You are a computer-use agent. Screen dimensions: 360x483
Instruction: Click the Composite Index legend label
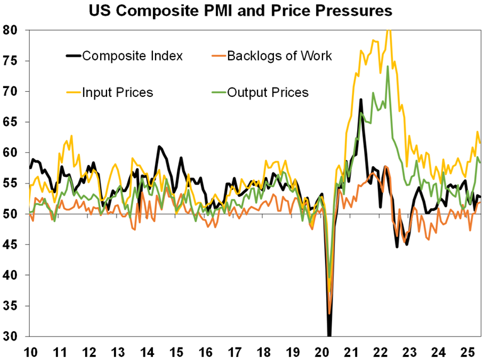pyautogui.click(x=132, y=55)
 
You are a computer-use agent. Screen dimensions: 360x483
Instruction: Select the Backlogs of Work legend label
pyautogui.click(x=280, y=55)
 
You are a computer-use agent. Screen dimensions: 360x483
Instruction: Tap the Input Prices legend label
pyautogui.click(x=118, y=93)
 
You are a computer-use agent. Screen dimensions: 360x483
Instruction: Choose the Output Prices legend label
pyautogui.click(x=268, y=93)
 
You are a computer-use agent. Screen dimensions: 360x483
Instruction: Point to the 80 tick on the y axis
pyautogui.click(x=13, y=30)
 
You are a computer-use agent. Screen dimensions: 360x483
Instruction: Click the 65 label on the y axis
pyautogui.click(x=13, y=122)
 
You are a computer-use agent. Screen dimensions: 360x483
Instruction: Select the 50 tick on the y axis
pyautogui.click(x=13, y=214)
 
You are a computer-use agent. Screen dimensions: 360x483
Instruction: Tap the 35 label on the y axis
pyautogui.click(x=13, y=306)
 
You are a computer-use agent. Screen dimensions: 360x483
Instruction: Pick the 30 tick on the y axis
pyautogui.click(x=13, y=336)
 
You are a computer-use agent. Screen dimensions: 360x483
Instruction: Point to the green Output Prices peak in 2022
pyautogui.click(x=388, y=67)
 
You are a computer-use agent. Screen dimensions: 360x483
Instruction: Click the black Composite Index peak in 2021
pyautogui.click(x=361, y=99)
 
